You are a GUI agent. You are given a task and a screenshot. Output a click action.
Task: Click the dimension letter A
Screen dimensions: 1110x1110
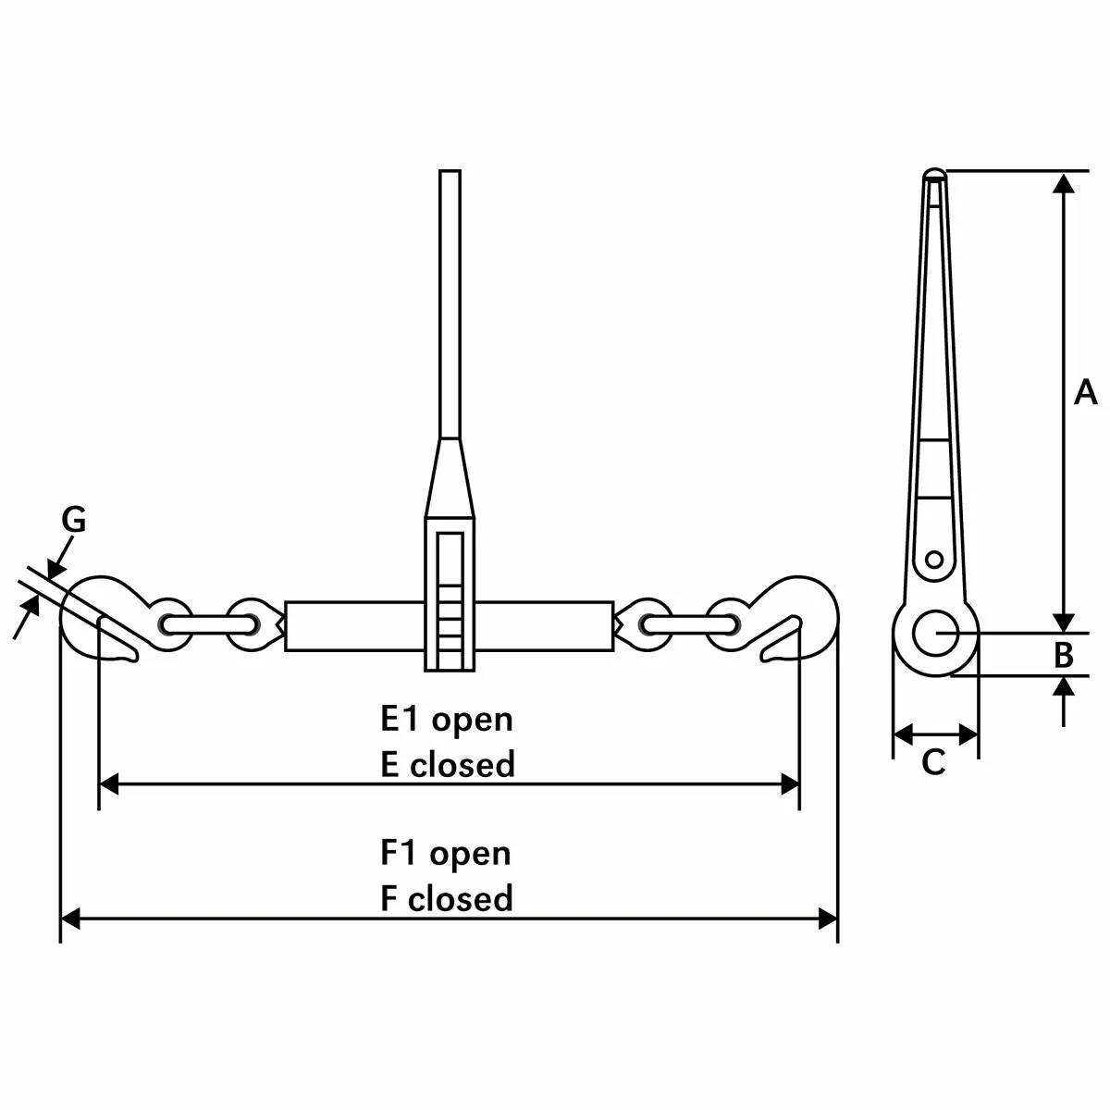tap(1085, 392)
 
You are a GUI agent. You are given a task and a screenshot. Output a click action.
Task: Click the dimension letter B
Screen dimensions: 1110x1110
tap(1065, 655)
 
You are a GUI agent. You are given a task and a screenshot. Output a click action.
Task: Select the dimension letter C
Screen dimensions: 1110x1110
tap(934, 762)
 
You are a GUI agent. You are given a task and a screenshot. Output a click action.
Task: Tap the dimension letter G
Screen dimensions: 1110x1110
tap(74, 521)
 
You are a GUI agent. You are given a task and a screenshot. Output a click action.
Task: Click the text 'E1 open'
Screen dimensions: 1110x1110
tap(447, 719)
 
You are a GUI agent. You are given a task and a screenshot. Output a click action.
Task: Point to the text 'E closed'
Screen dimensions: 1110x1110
tap(448, 765)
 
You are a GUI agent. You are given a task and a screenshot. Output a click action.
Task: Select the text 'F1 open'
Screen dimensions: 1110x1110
tap(446, 853)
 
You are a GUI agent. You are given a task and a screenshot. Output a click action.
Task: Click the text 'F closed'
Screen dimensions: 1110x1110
tap(447, 898)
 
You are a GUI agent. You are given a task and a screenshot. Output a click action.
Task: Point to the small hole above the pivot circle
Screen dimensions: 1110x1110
tap(935, 559)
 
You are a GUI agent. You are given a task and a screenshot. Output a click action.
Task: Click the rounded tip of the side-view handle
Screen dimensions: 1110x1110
tap(935, 173)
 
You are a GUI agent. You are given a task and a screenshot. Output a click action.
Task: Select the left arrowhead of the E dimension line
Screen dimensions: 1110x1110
tap(109, 785)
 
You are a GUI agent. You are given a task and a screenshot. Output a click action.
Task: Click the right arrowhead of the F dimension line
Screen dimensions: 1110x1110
tap(827, 919)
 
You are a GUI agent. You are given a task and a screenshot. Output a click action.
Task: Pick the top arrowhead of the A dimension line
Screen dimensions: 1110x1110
tap(1065, 182)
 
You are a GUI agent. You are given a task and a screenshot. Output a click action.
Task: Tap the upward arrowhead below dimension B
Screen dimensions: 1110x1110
tap(1065, 686)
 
